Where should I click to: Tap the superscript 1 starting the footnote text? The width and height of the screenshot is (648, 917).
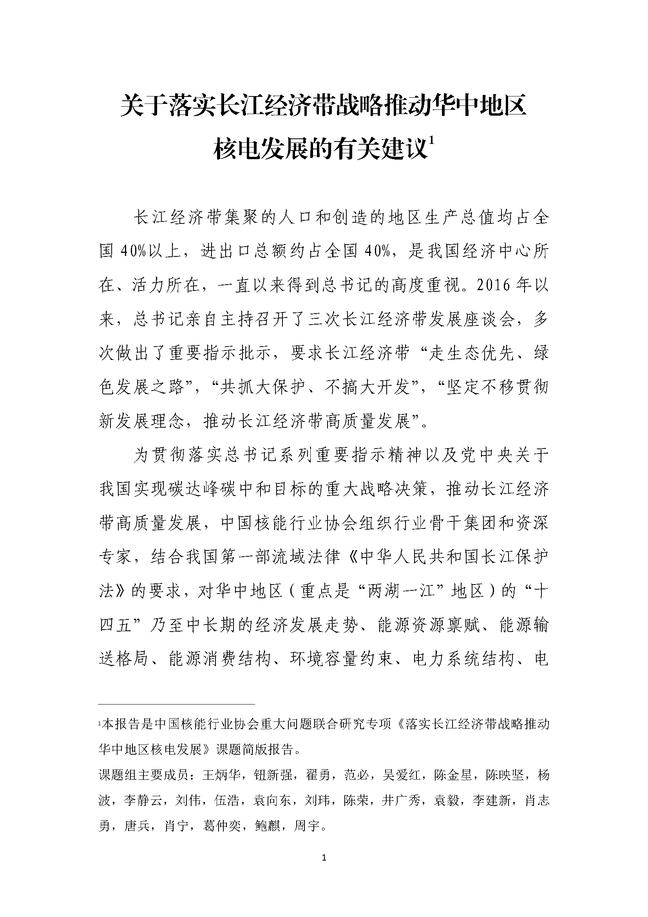[x=100, y=722]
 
